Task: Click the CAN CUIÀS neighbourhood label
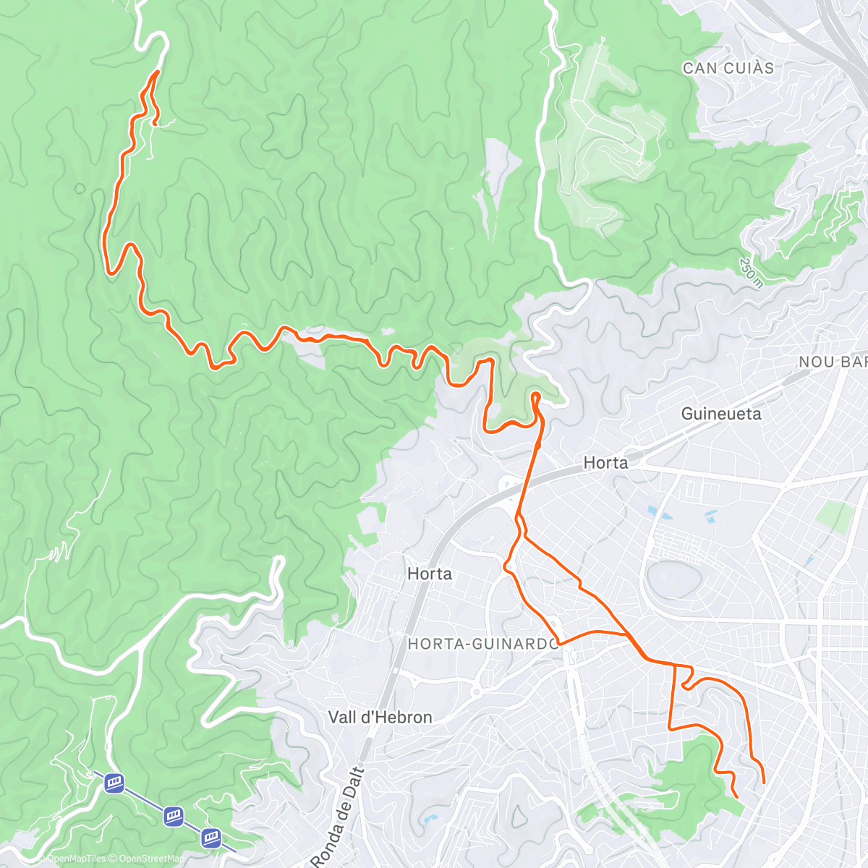pos(728,69)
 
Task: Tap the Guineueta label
pos(721,414)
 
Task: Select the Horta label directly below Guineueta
pos(605,463)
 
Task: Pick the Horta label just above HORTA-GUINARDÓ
pos(430,574)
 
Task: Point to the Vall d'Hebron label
pos(380,718)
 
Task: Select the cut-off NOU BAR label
pos(832,362)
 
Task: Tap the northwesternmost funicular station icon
pos(114,783)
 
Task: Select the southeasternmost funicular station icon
pos(211,838)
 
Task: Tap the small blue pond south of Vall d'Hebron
pos(431,820)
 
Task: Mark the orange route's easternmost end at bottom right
pos(764,782)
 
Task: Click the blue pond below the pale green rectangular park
pos(809,561)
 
